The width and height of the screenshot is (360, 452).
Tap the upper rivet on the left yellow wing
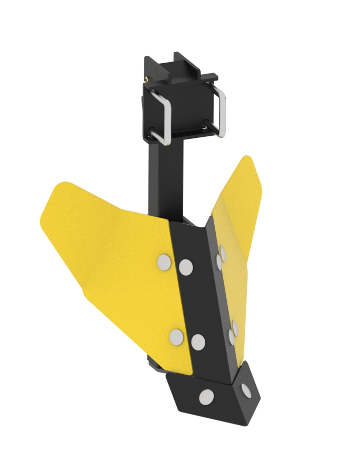(165, 262)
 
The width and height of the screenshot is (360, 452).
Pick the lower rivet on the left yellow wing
(177, 336)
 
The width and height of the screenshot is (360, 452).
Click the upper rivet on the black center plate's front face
(185, 267)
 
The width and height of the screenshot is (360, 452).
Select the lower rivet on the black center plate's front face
(198, 343)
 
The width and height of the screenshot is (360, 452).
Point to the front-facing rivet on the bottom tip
(206, 397)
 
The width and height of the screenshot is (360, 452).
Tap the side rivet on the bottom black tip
(246, 390)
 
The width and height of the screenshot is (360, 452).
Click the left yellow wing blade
(111, 253)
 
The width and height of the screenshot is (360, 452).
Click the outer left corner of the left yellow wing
(43, 221)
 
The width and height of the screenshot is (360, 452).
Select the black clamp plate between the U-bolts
(184, 105)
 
